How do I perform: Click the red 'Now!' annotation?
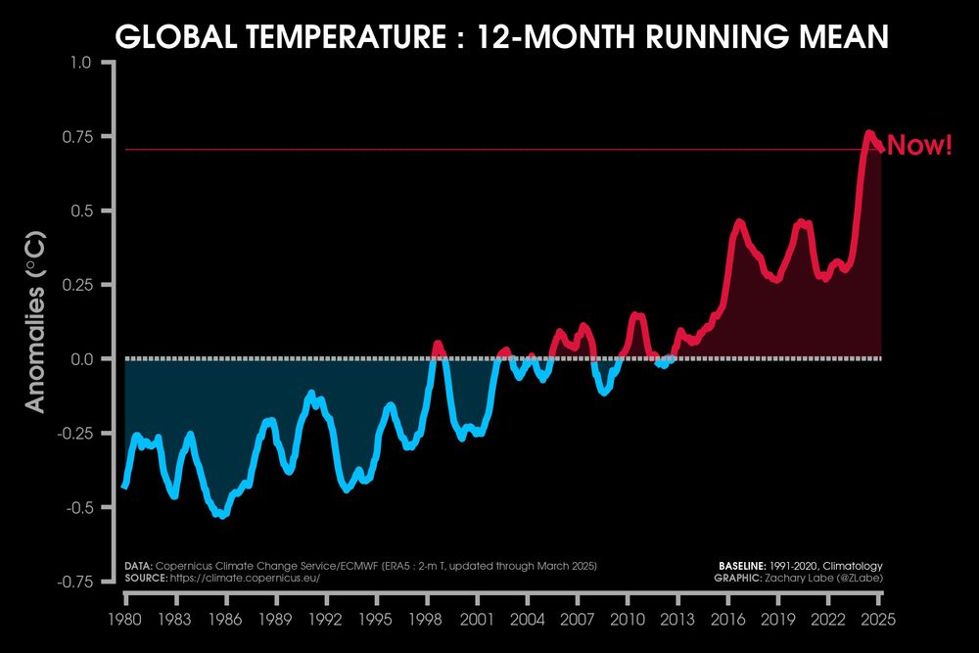(x=919, y=148)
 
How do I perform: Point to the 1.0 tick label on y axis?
(x=80, y=63)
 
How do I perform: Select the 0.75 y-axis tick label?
(x=75, y=137)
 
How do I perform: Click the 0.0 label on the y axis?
(x=80, y=359)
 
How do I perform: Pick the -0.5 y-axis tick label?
(x=75, y=507)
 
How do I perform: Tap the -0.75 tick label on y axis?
(x=72, y=582)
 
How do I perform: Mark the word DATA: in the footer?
(x=137, y=567)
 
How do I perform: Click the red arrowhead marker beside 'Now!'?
(x=879, y=148)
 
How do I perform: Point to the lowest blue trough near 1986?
(x=224, y=515)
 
